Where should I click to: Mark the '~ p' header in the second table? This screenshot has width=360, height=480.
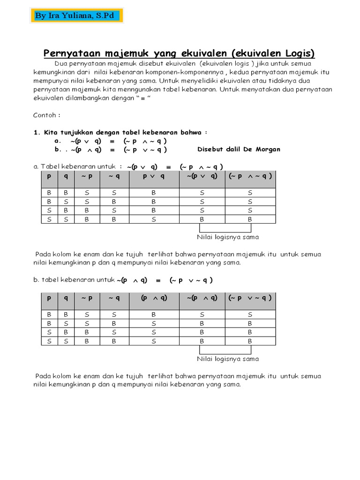click(x=87, y=298)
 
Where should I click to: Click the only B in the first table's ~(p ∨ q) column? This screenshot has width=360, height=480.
click(x=202, y=219)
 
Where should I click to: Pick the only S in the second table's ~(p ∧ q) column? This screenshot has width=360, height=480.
click(x=202, y=315)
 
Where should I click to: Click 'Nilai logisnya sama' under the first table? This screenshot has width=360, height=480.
click(x=228, y=237)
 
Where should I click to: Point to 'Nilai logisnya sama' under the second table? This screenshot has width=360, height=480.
click(x=228, y=359)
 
